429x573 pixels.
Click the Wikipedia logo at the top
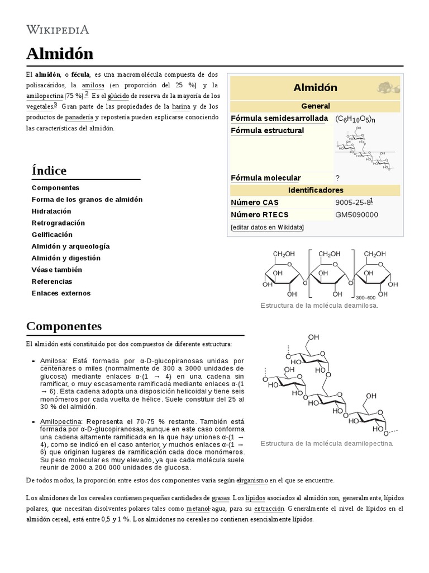tap(58, 30)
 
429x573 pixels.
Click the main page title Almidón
tap(60, 54)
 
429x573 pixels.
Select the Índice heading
tap(49, 170)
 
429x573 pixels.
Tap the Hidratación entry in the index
tap(52, 211)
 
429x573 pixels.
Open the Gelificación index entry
tap(53, 234)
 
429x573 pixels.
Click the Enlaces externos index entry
tap(61, 293)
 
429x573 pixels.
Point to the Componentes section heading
tap(64, 326)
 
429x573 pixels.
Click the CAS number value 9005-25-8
tap(352, 203)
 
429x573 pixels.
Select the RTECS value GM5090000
tap(356, 215)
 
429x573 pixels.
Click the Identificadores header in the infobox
tap(316, 190)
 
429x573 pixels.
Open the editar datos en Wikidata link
tap(268, 227)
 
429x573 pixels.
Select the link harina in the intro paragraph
tap(181, 106)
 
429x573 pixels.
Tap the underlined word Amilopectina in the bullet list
tap(61, 421)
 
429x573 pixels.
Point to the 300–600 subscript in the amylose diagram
tap(365, 298)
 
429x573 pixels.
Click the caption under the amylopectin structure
tap(327, 443)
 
